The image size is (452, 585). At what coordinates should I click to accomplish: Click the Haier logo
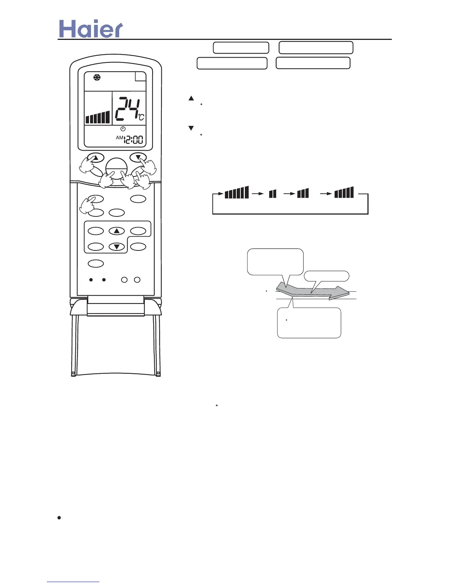coord(91,29)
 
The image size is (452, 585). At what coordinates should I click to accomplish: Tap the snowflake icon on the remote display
coord(97,78)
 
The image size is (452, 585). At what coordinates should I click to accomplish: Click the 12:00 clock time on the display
coord(134,140)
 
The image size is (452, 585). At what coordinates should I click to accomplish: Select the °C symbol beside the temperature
coord(141,117)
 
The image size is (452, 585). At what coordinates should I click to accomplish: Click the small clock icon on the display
coord(123,129)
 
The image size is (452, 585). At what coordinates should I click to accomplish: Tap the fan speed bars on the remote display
coord(98,117)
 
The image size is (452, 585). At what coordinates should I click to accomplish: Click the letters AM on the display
coord(120,138)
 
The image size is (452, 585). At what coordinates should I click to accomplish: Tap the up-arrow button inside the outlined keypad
coord(117,231)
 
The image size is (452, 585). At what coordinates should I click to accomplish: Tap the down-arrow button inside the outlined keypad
coord(117,247)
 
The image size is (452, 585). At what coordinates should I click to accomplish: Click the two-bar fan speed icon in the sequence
coord(273,194)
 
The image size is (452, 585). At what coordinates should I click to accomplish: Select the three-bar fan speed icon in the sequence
coord(303,193)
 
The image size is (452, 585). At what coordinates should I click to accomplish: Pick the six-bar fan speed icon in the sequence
coord(237,192)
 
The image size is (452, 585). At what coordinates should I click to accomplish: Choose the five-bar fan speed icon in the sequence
coord(344,192)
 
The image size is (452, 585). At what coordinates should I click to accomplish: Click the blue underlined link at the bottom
coord(73,582)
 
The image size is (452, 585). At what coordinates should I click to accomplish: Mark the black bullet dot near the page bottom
coord(59,518)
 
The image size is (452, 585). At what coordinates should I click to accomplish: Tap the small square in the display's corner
coord(141,76)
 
